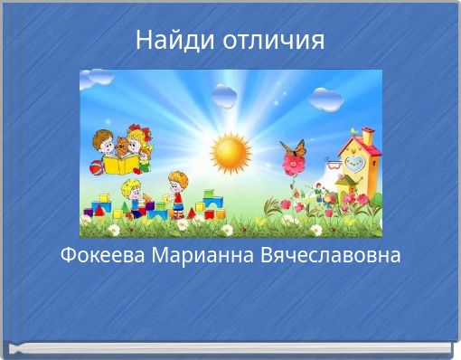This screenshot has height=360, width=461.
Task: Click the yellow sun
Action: tap(232, 153)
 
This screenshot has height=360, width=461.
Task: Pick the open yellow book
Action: tap(121, 166)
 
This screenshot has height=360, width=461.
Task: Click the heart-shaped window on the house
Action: tap(355, 164)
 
